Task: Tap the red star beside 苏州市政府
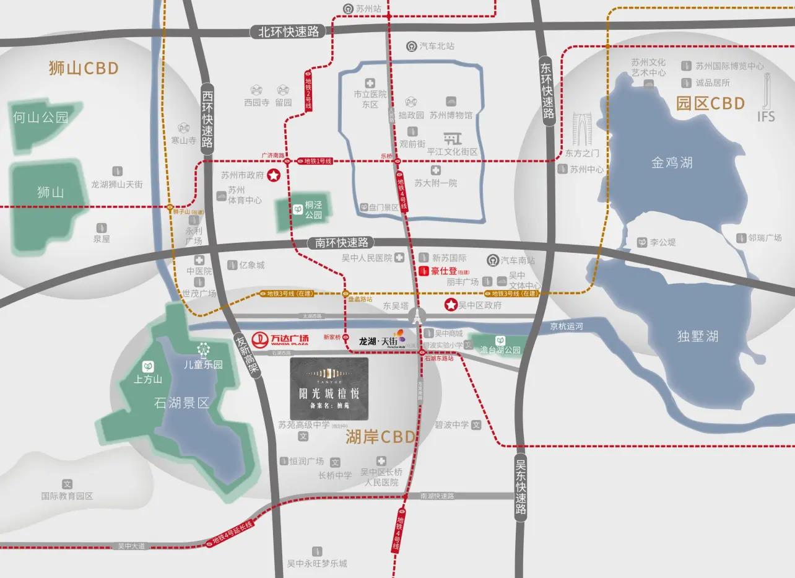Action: pyautogui.click(x=272, y=176)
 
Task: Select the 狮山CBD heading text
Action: pyautogui.click(x=84, y=68)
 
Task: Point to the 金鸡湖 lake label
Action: pyautogui.click(x=672, y=163)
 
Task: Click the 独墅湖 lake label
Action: pyautogui.click(x=698, y=336)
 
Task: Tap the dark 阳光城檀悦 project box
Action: pyautogui.click(x=329, y=388)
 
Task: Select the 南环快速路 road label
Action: pyautogui.click(x=341, y=243)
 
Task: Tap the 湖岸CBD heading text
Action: pyautogui.click(x=380, y=437)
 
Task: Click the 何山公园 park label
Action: pyautogui.click(x=41, y=117)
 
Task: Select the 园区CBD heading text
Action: pyautogui.click(x=710, y=103)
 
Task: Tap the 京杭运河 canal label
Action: pyautogui.click(x=567, y=326)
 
